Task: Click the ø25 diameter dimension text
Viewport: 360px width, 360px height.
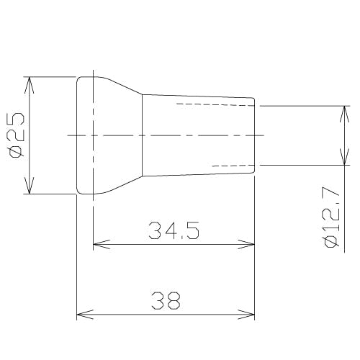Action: [x=17, y=135]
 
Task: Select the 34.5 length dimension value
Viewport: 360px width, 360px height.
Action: [x=174, y=230]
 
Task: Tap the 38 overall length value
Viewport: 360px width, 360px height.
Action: [x=166, y=301]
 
